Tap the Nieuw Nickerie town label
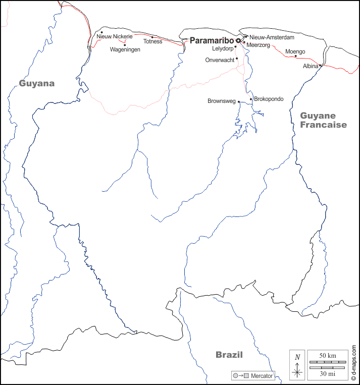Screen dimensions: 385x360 point(115,36)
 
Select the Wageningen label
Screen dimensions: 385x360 point(125,49)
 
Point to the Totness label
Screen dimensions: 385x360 point(152,41)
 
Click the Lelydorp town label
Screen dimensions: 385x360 point(222,49)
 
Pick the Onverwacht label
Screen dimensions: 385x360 point(220,60)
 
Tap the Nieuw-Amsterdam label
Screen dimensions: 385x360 point(272,37)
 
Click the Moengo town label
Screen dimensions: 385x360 point(295,51)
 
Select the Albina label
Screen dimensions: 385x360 point(310,66)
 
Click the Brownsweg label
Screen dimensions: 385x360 point(222,101)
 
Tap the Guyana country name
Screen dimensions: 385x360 point(37,83)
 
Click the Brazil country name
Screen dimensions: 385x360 point(229,355)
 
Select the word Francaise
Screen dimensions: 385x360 point(324,125)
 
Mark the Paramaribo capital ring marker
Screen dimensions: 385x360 point(238,40)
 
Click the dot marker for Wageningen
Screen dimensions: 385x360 point(125,45)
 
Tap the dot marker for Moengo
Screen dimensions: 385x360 point(296,56)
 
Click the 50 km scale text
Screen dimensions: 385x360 point(328,356)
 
